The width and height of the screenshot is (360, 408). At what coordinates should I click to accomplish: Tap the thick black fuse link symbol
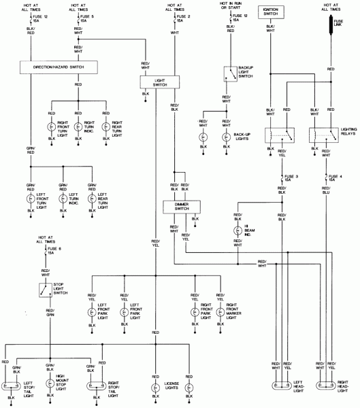[331, 26]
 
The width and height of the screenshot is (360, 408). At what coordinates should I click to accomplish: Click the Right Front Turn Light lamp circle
[51, 126]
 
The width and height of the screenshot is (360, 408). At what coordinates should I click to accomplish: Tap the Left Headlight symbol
[282, 386]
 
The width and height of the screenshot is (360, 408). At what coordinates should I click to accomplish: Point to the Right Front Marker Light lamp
[220, 313]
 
